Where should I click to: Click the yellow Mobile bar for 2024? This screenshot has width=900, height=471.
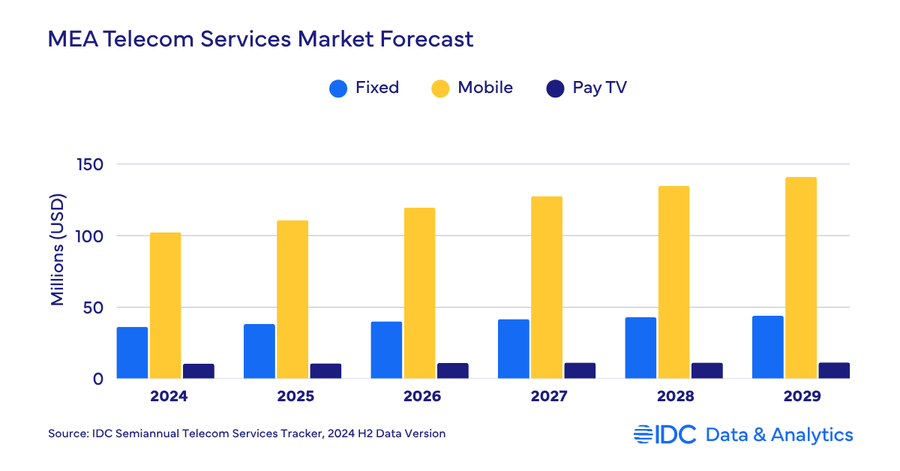coord(165,305)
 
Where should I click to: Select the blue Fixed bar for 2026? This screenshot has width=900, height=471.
coord(386,349)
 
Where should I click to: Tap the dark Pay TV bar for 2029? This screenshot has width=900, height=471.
coord(833,370)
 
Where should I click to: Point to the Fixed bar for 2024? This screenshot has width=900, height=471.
coord(132,352)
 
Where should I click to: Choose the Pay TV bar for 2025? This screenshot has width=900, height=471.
coord(325,370)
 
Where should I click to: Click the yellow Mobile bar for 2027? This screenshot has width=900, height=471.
coord(546,287)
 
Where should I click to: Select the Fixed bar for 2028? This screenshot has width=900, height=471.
coord(640,347)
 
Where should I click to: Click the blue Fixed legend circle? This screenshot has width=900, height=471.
coord(339,88)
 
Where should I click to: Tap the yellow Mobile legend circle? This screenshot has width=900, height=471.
coord(440,88)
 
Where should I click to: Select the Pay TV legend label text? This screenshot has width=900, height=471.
coord(599,88)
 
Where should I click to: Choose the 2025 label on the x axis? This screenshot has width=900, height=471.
coord(295,397)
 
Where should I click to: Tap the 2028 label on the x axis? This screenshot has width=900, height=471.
coord(676,397)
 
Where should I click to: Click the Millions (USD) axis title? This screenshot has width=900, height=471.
coord(58,249)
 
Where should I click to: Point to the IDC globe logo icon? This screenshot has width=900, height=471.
coord(643,434)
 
